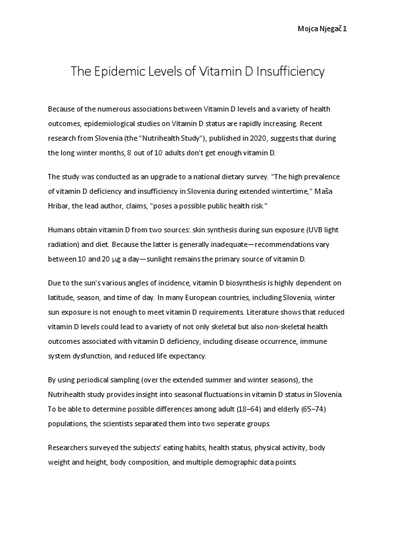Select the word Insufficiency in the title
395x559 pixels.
(290, 72)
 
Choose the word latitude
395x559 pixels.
(62, 297)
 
